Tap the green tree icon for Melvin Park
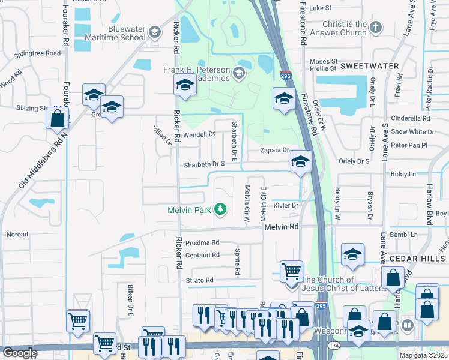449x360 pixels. (221, 209)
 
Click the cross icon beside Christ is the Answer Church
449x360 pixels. (376, 27)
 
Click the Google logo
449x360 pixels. (20, 353)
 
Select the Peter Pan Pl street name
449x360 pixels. (408, 145)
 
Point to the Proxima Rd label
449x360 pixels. (202, 243)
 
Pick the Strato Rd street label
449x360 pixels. (199, 280)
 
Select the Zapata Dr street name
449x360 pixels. (275, 151)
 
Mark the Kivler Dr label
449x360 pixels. (286, 205)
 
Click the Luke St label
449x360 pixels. (320, 8)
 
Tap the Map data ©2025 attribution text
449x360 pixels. (424, 355)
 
